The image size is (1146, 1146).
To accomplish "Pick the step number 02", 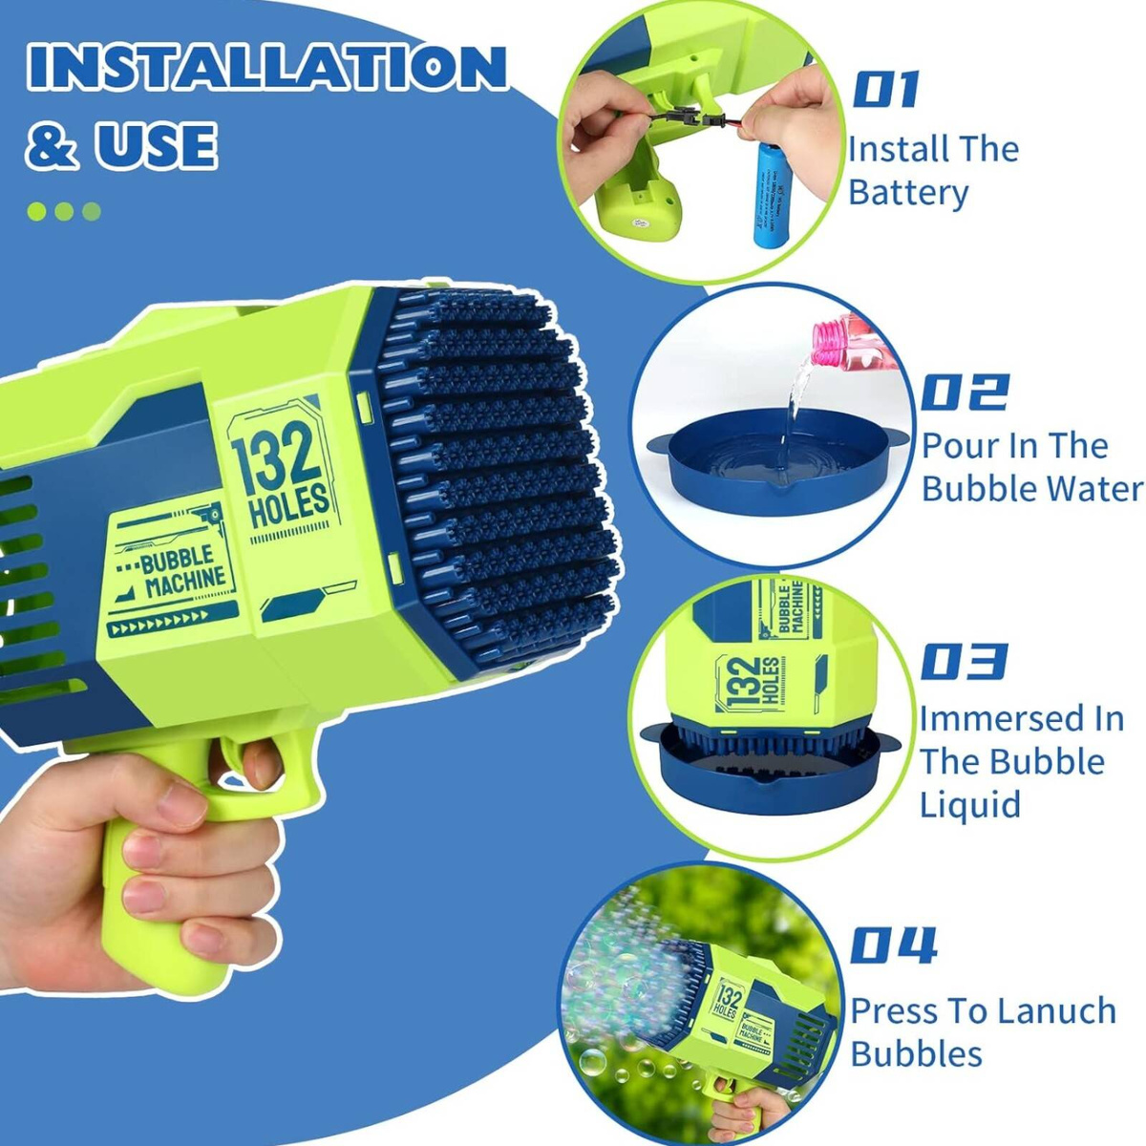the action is pyautogui.click(x=964, y=392).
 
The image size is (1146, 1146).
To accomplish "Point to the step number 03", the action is pyautogui.click(x=963, y=661).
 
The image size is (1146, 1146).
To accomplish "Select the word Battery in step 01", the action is pyautogui.click(x=908, y=193).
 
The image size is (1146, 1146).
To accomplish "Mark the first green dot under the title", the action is pyautogui.click(x=37, y=211).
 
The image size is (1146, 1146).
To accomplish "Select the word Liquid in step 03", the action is pyautogui.click(x=970, y=803).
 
